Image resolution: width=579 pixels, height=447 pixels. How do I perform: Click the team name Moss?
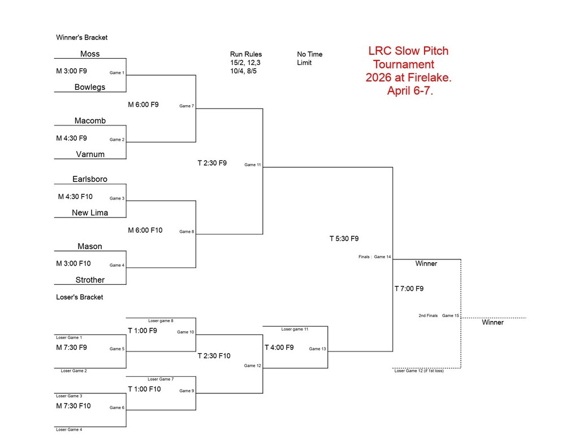(x=90, y=54)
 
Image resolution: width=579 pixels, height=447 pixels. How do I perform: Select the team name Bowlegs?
(x=90, y=88)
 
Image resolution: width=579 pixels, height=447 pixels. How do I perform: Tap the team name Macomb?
(x=90, y=121)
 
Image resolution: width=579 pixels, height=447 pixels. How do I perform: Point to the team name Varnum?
(x=90, y=154)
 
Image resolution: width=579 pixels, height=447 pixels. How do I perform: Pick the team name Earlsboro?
(x=90, y=179)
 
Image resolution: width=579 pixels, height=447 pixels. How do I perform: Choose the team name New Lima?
(x=90, y=213)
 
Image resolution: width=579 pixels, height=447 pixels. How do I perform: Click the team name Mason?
(x=90, y=246)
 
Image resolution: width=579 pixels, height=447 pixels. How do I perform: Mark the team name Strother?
(x=90, y=280)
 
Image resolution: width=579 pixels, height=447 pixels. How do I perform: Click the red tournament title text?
(x=409, y=71)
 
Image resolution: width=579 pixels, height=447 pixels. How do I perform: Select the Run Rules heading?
(x=246, y=54)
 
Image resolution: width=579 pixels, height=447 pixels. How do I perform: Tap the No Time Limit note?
(x=309, y=58)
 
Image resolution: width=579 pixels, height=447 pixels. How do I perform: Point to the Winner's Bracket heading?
(x=81, y=38)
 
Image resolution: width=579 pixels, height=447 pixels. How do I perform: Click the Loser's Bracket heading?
(x=80, y=297)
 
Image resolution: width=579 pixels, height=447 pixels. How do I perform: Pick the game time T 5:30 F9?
(x=344, y=238)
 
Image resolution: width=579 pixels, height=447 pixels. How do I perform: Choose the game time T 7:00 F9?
(x=409, y=289)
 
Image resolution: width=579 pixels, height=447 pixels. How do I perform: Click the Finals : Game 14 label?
(x=374, y=257)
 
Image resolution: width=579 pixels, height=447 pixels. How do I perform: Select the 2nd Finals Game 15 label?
(x=439, y=315)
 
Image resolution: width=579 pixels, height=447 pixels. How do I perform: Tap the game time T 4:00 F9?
(x=279, y=348)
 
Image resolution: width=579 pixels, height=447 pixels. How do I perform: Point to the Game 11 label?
(x=252, y=165)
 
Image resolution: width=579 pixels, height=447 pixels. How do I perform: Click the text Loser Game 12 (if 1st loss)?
(x=419, y=371)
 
